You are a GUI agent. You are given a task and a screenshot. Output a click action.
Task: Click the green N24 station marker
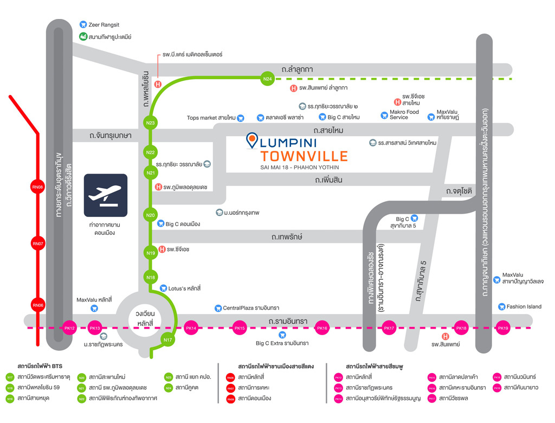pos(267,79)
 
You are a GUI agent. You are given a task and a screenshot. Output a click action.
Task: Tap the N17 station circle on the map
pos(168,340)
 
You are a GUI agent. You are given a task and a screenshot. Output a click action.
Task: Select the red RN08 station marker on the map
pos(37,187)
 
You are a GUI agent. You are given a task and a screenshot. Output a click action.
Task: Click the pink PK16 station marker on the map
pos(322,328)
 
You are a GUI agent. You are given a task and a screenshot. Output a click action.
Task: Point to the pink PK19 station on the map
pos(504,328)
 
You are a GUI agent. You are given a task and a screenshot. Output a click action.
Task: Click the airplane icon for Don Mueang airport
pos(106,195)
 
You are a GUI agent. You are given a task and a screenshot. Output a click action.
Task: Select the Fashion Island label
pos(524,306)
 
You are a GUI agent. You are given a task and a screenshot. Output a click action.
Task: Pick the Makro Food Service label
pos(404,114)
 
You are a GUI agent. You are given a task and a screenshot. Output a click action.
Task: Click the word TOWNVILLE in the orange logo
pos(304,156)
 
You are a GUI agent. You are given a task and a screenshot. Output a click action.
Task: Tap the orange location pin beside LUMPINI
pos(252,140)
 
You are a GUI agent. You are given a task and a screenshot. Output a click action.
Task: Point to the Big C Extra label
pos(282,343)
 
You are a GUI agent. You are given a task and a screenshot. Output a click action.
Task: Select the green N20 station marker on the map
pos(151,215)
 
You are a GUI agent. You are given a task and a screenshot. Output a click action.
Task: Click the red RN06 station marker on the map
pos(37,305)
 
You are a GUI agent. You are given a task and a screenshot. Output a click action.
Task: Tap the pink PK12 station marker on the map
pos(69,328)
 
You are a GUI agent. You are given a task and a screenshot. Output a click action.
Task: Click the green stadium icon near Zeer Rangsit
pos(83,37)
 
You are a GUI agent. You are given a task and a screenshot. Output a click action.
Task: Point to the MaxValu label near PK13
pos(94,299)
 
